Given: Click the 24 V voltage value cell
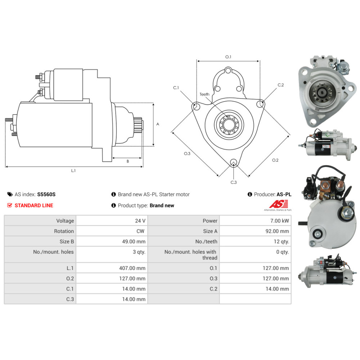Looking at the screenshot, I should tap(140, 221).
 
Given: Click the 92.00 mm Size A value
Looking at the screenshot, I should tap(277, 231).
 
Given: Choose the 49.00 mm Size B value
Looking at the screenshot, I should tap(133, 242).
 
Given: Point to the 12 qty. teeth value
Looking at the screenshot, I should tap(281, 242).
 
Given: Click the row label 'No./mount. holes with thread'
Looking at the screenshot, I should tap(191, 255).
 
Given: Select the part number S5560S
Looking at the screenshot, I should tap(46, 194).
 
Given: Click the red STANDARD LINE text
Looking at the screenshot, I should tap(33, 206).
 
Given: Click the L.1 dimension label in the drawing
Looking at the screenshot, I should tap(73, 171).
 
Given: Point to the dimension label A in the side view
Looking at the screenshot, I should tap(158, 124).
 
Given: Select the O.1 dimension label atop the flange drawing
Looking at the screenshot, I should tap(228, 57).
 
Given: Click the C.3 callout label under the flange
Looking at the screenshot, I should tap(234, 182).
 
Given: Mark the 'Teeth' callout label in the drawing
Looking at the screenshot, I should tap(204, 94).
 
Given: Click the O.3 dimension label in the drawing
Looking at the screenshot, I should tap(187, 154).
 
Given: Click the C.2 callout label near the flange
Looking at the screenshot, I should tap(281, 85).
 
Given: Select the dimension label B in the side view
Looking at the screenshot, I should tap(127, 162).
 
